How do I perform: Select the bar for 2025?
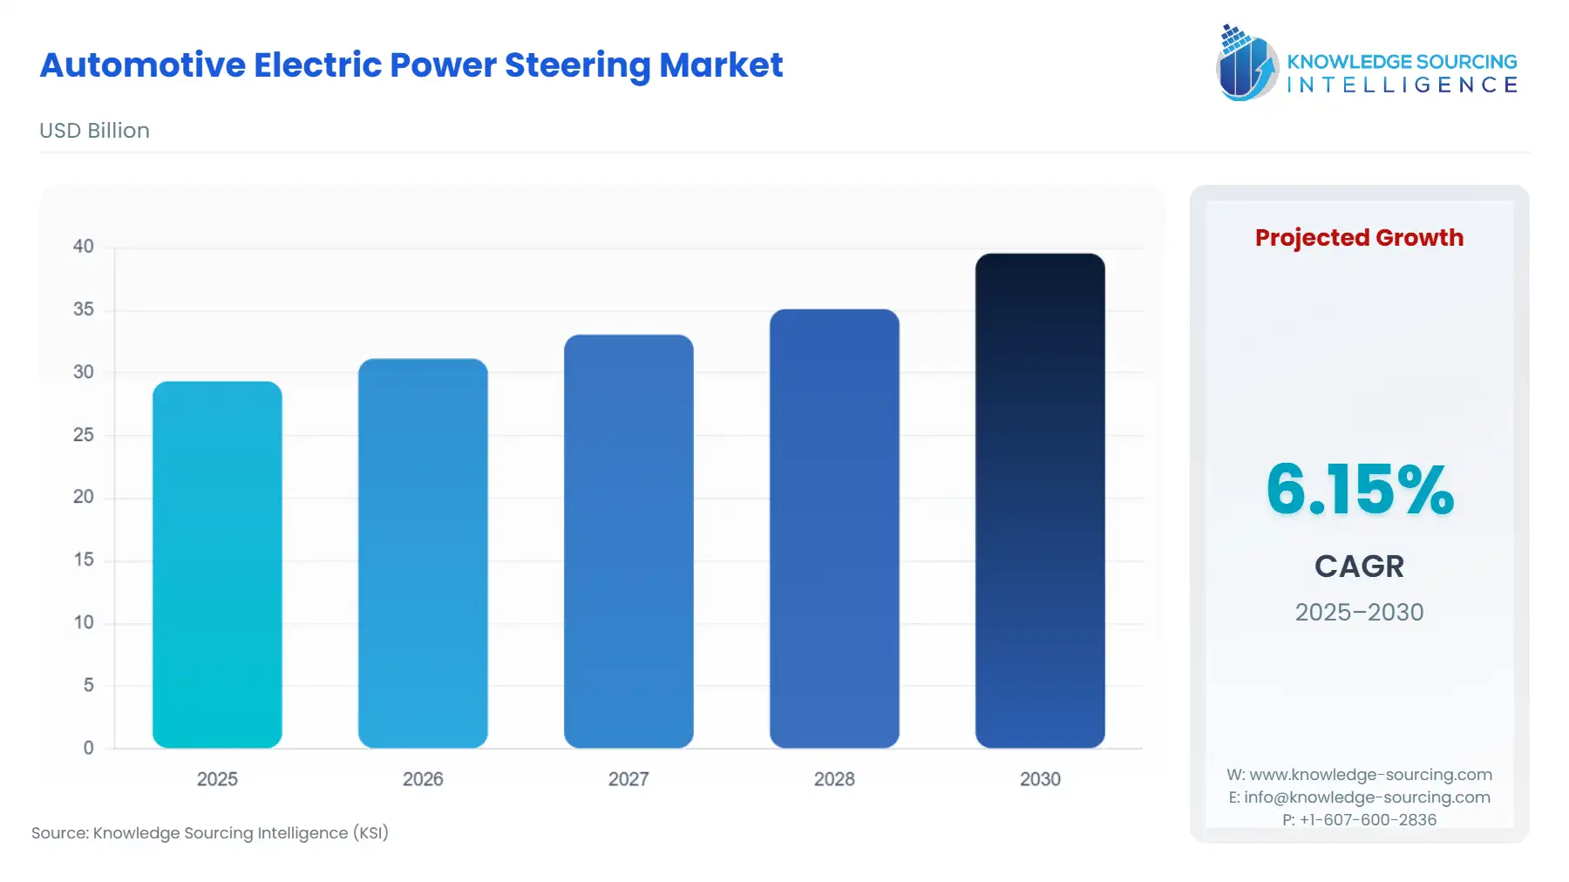217,565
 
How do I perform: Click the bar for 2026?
423,553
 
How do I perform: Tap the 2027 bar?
628,541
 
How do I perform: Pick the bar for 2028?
834,528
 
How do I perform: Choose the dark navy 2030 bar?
1040,500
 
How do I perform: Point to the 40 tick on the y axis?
84,247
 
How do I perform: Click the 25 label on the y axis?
84,435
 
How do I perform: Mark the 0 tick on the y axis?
88,748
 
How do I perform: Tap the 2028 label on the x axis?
834,779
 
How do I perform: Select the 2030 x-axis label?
1040,779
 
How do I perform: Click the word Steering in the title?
576,65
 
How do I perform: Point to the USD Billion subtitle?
94,131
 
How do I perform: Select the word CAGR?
1359,567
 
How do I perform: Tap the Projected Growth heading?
1359,238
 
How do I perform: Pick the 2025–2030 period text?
1359,612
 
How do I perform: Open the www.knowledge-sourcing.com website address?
1370,775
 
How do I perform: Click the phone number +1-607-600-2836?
1368,820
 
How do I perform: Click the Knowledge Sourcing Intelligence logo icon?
1246,63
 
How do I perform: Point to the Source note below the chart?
210,833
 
